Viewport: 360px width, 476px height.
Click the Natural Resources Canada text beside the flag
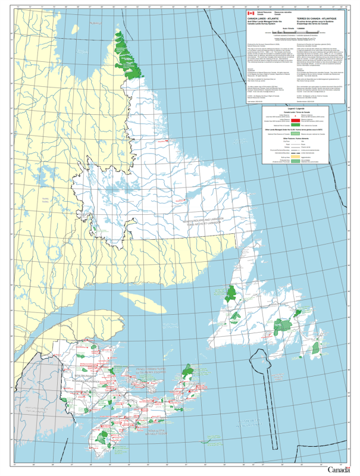pos(262,11)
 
